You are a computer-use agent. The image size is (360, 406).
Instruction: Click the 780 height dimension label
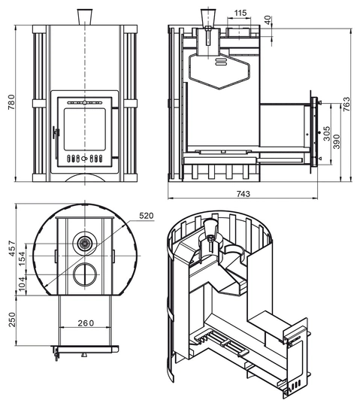point(12,102)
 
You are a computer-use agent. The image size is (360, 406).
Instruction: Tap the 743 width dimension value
point(244,194)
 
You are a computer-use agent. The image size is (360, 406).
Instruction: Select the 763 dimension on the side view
point(346,104)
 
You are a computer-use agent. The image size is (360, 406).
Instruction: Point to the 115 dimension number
point(241,13)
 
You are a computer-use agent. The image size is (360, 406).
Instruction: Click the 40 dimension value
point(268,20)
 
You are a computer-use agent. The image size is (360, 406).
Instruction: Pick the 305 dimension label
point(327,133)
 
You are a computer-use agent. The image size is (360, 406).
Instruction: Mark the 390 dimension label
point(337,141)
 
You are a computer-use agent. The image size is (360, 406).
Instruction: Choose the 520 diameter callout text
point(147,216)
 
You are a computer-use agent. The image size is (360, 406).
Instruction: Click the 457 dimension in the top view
point(12,249)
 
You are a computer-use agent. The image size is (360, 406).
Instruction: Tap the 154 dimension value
point(22,259)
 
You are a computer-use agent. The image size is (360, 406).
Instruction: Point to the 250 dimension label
point(12,320)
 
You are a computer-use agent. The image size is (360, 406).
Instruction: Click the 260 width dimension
point(86,323)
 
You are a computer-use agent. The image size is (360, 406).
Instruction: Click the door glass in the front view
point(85,129)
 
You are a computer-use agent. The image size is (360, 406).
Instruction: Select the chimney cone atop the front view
point(85,17)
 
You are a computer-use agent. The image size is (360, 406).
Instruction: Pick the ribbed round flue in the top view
point(84,243)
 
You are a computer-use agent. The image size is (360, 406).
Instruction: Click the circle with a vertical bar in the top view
point(85,274)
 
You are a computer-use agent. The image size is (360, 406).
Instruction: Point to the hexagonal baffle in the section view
point(219,71)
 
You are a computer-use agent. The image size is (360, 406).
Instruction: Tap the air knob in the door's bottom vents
point(84,159)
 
